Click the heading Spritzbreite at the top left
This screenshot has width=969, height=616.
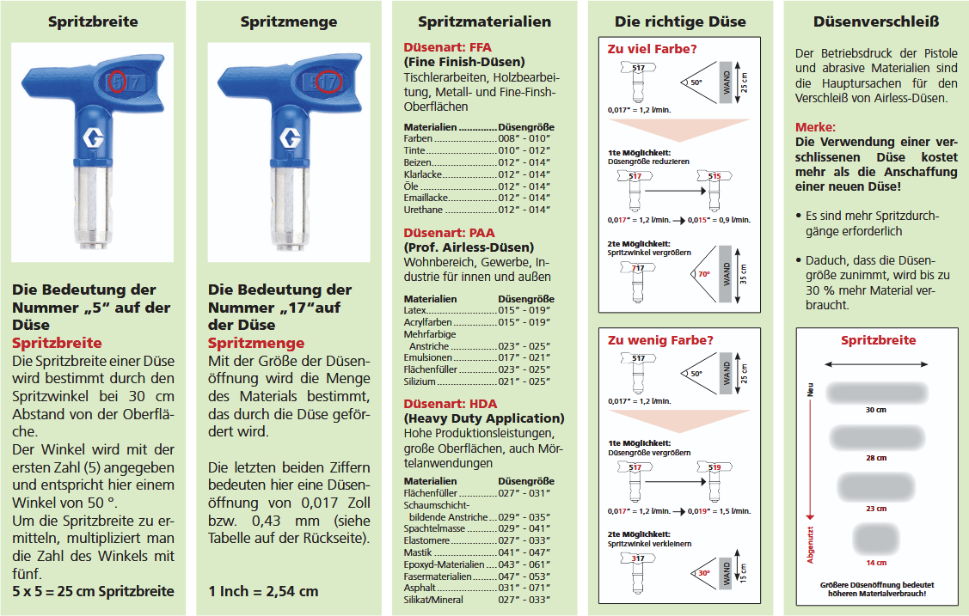point(92,21)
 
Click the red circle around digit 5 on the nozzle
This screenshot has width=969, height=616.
point(119,82)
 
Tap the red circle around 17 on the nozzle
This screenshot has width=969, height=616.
point(327,82)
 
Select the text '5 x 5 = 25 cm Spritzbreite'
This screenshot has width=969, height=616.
point(93,591)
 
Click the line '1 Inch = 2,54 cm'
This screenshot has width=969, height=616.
point(263,591)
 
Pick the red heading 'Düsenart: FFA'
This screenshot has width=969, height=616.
point(447,47)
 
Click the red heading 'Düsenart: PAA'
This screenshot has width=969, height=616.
point(449,233)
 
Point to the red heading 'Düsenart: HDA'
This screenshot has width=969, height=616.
point(450,404)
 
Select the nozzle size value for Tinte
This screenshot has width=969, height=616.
point(524,150)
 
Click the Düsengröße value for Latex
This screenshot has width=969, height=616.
point(524,310)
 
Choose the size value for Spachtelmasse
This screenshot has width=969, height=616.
point(524,528)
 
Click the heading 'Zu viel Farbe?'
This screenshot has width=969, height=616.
point(641,49)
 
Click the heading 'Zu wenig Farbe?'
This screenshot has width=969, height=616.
point(648,339)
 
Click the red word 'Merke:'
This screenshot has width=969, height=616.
point(815,127)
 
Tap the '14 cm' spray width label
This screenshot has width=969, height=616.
point(875,563)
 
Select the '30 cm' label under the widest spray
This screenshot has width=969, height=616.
point(875,410)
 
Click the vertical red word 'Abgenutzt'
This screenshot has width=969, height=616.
point(810,541)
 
